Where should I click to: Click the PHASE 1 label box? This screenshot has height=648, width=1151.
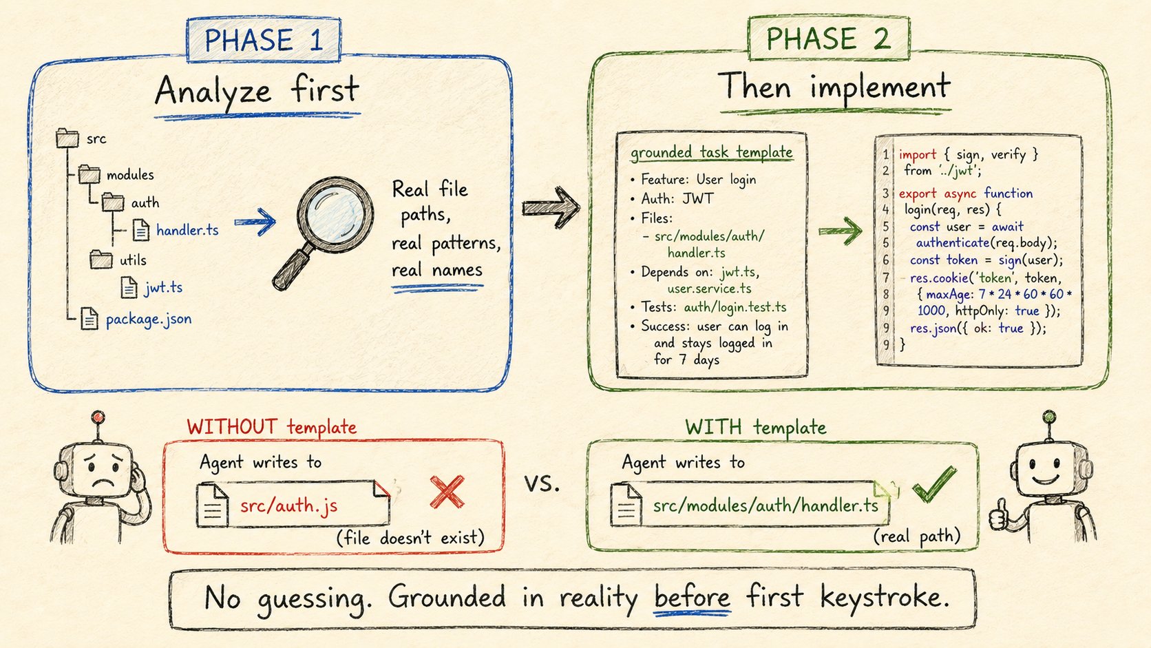(x=264, y=39)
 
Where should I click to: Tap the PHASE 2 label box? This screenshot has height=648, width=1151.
(x=829, y=38)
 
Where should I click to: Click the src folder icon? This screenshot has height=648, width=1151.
(x=67, y=138)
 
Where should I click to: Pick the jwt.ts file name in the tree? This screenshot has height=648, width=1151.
(x=163, y=287)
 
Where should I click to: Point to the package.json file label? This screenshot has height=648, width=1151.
(x=149, y=319)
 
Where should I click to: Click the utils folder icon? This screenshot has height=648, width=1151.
(x=101, y=260)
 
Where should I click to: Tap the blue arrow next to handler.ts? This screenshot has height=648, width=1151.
(x=255, y=222)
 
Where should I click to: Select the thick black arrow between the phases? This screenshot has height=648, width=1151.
(x=551, y=207)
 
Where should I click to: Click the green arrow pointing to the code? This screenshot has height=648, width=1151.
(x=841, y=231)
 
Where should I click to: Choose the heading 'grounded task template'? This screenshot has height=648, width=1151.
(x=712, y=152)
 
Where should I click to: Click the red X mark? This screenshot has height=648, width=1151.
(x=447, y=492)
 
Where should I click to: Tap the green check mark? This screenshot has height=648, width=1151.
(x=934, y=483)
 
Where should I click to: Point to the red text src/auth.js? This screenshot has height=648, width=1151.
(x=288, y=506)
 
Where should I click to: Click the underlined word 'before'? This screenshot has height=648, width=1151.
(x=692, y=598)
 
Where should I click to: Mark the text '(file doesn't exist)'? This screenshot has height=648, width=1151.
(x=410, y=538)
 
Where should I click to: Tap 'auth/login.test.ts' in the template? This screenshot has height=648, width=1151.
(x=735, y=307)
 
